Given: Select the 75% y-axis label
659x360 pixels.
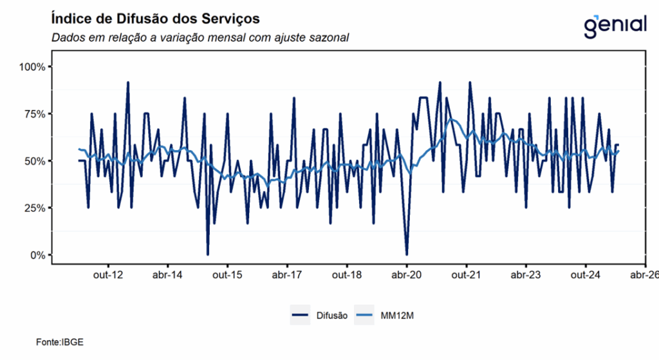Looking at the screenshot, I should (33, 114).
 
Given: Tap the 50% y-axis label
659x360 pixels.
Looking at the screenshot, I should (33, 161).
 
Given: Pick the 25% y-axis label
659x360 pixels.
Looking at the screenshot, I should (33, 208).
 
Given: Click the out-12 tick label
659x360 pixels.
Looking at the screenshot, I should (107, 275).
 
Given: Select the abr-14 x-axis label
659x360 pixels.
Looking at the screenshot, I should (167, 275).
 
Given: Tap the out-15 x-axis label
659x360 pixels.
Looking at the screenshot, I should (227, 275).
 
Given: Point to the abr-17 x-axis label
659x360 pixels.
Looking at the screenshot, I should (287, 275).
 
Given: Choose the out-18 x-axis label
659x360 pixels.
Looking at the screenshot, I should (347, 275).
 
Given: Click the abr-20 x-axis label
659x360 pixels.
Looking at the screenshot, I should (407, 275).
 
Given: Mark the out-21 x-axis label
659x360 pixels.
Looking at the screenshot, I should (467, 275).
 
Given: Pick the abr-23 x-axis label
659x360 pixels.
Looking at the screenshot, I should (526, 275).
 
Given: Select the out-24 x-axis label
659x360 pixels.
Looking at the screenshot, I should (586, 275).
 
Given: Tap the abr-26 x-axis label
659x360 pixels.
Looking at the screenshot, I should (644, 275).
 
